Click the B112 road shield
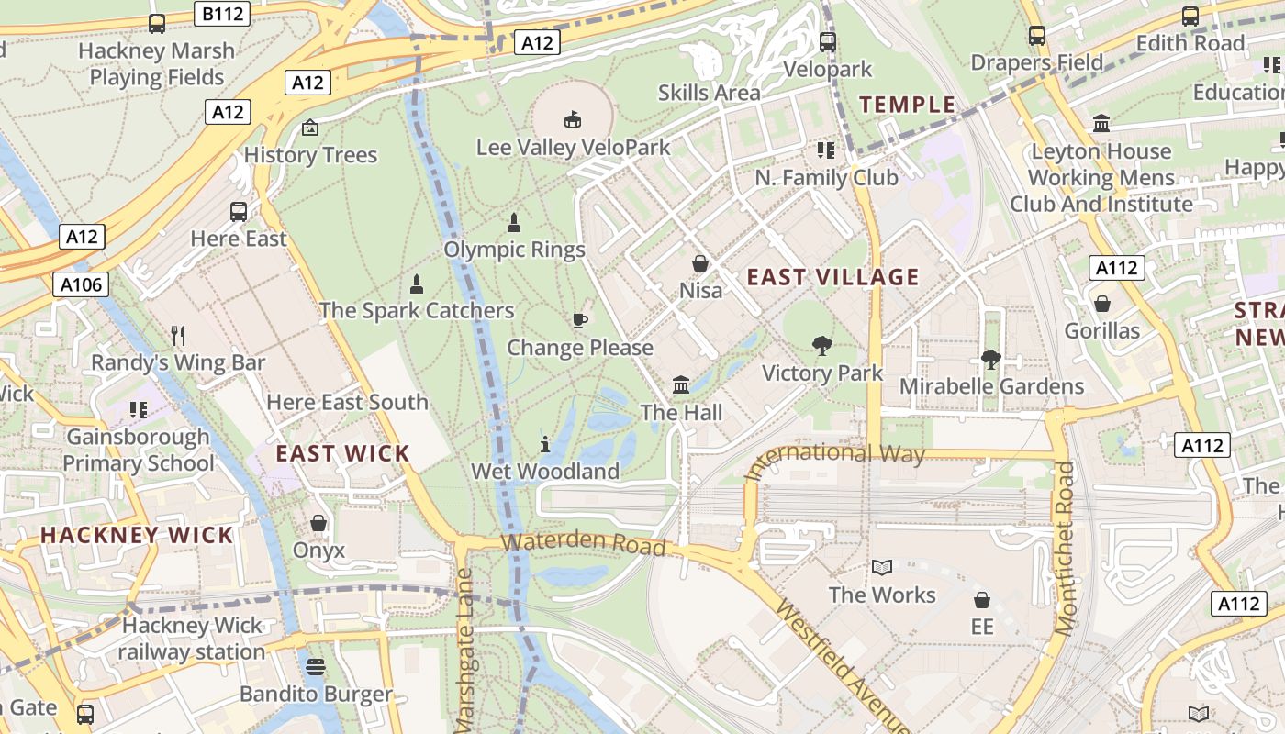[221, 13]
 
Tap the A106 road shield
[82, 285]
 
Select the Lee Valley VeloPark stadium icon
[573, 118]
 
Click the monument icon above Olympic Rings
[514, 222]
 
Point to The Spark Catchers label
[417, 310]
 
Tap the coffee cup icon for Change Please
[579, 320]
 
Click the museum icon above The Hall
[681, 384]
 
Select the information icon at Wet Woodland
[545, 444]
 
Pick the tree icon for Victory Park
[822, 346]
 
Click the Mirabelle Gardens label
[991, 386]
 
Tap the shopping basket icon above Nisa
[700, 263]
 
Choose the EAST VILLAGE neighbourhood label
[832, 277]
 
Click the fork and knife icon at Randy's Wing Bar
[178, 336]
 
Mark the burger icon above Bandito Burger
[316, 667]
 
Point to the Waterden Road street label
[584, 542]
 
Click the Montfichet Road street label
[1065, 549]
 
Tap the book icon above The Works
[882, 568]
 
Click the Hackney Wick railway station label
[192, 639]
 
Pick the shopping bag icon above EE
[982, 600]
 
